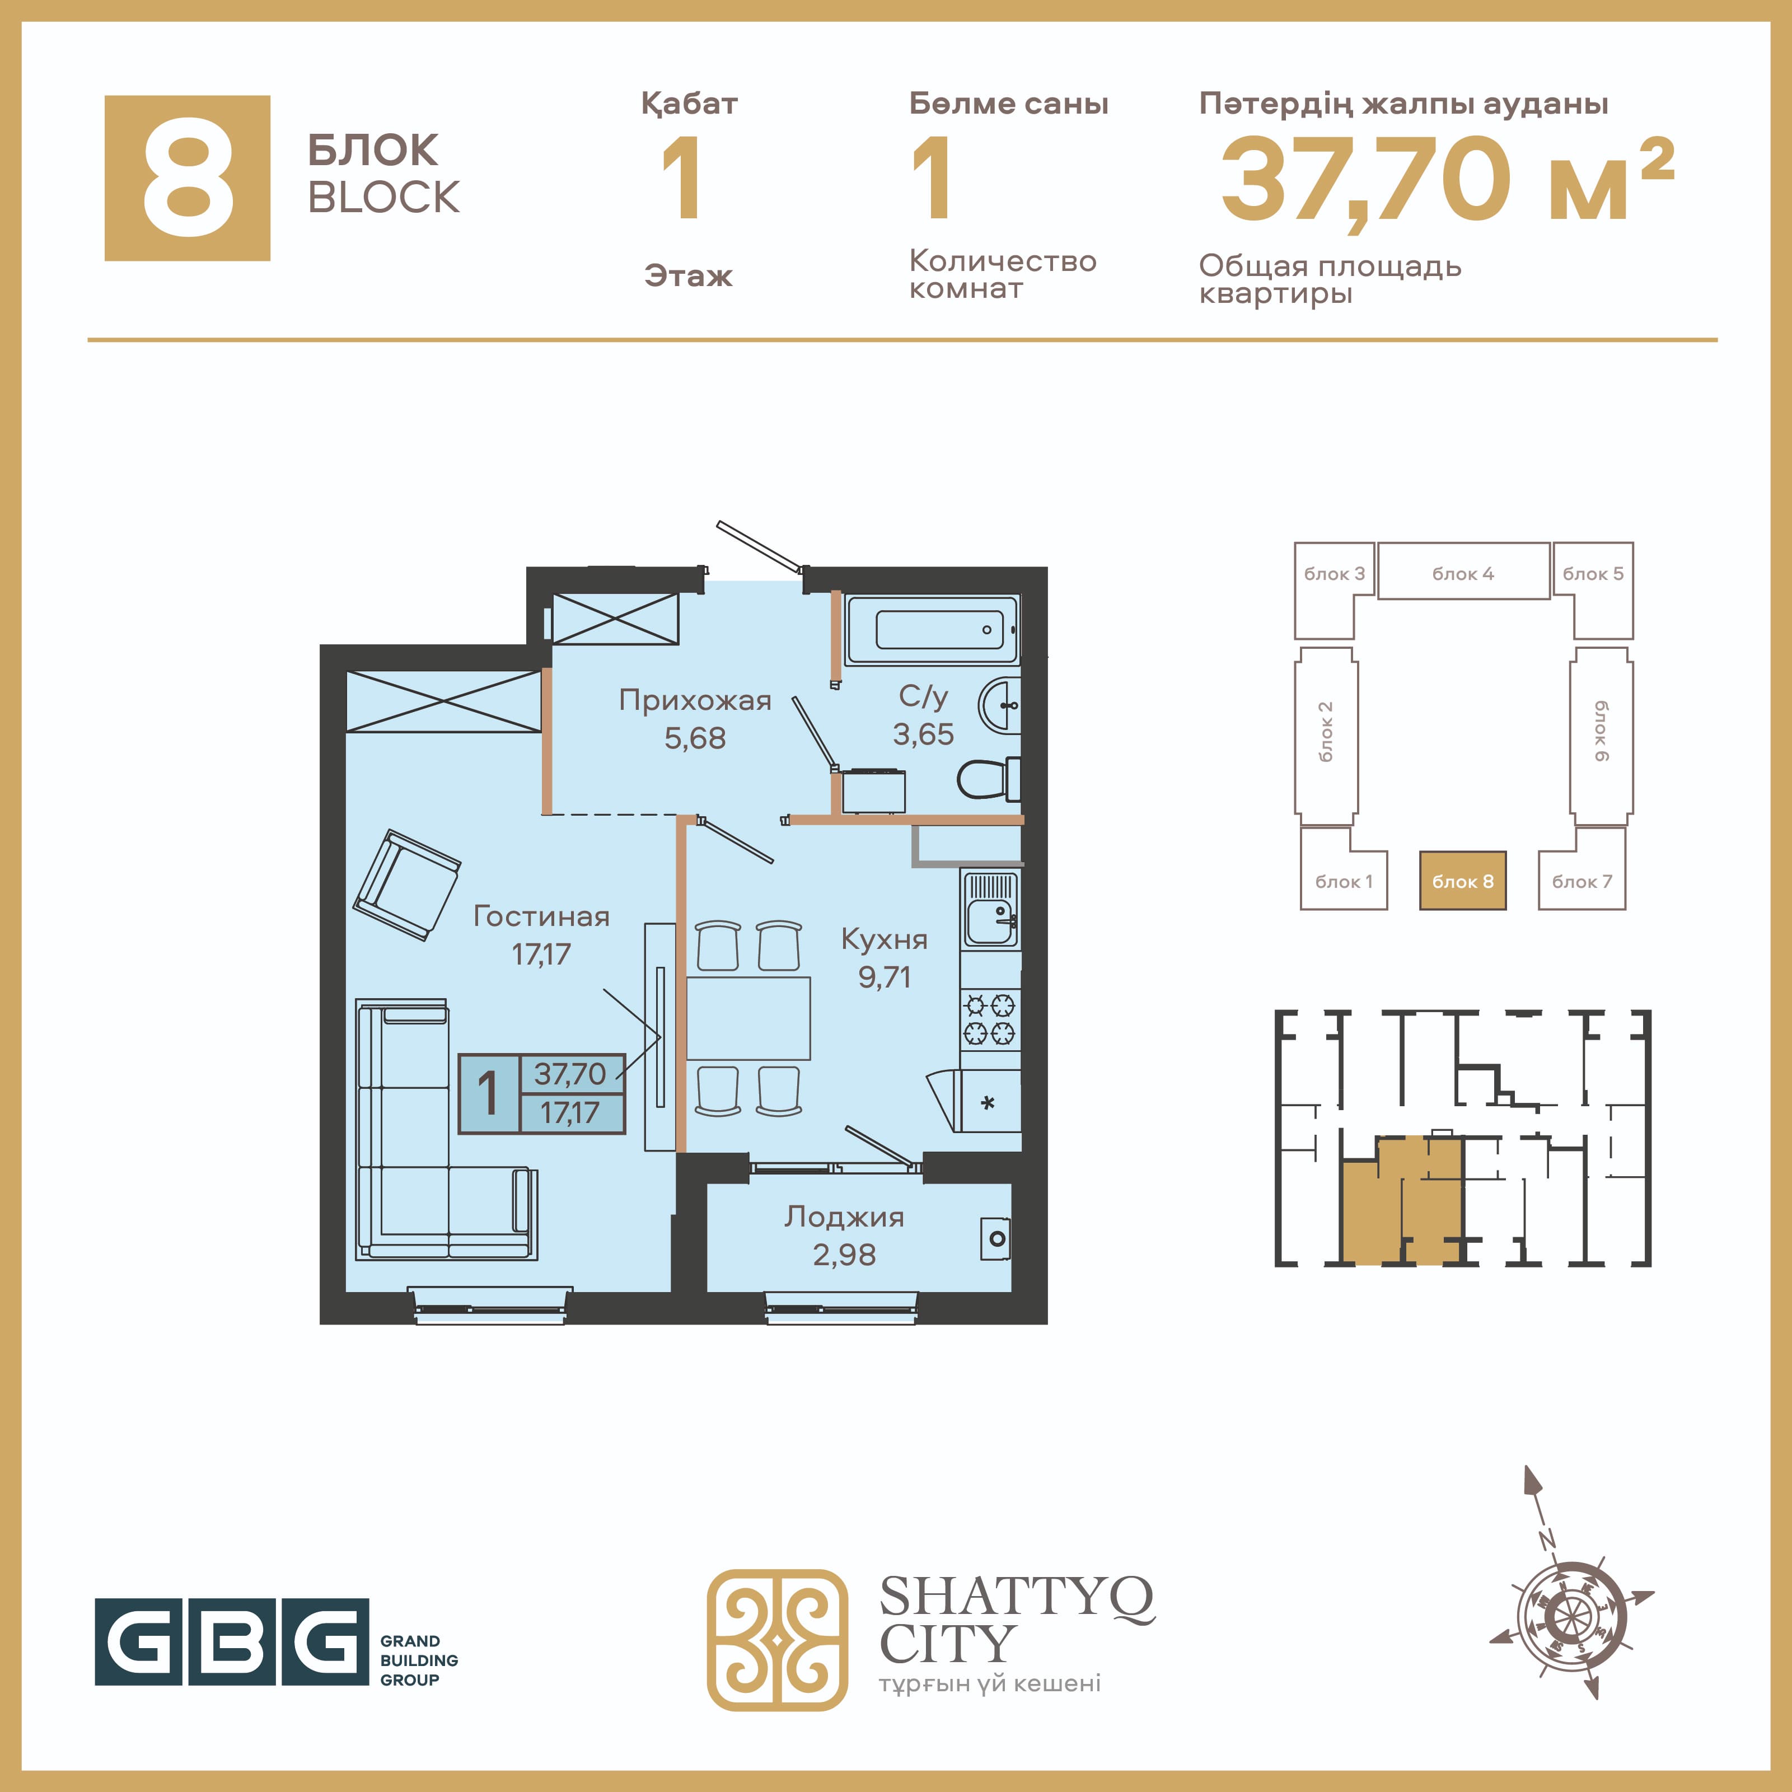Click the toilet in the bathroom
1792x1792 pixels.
[x=988, y=779]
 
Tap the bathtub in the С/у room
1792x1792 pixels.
[x=932, y=630]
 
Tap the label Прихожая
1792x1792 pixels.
[x=695, y=700]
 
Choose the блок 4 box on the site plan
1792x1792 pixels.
[x=1463, y=572]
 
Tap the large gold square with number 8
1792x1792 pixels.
[x=188, y=178]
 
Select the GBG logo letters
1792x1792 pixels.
[x=232, y=1641]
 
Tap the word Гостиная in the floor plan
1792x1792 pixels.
[x=542, y=916]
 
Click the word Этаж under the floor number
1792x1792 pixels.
[x=688, y=275]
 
